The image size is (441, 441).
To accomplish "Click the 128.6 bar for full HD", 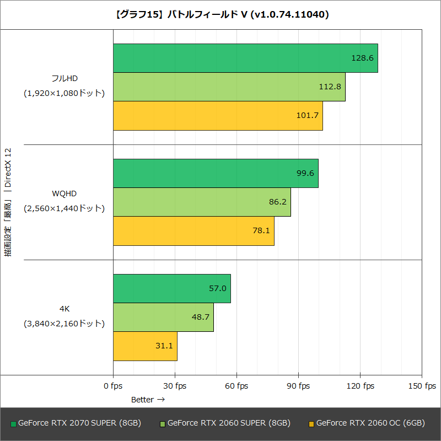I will [245, 58].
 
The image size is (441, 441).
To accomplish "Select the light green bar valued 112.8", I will [229, 87].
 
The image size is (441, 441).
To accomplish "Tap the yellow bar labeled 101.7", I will [218, 115].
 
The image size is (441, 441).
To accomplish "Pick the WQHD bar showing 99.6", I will [216, 173].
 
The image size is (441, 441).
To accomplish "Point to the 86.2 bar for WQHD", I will [202, 202].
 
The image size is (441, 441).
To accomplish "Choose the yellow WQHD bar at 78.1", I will [193, 230].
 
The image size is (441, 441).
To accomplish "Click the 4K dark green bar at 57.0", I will [172, 288].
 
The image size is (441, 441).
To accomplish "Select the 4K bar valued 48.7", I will [163, 317].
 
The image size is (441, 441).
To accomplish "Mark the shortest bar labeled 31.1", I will [145, 346].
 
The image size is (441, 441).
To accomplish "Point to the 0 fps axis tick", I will [113, 386].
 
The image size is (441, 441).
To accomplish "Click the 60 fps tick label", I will [236, 386].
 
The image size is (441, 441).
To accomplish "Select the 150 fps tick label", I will [422, 386].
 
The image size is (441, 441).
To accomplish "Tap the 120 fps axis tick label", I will [360, 386].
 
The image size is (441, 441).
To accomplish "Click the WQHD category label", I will [64, 193].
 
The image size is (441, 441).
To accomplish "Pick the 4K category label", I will [64, 309].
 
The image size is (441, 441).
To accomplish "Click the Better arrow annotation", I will [147, 399].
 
